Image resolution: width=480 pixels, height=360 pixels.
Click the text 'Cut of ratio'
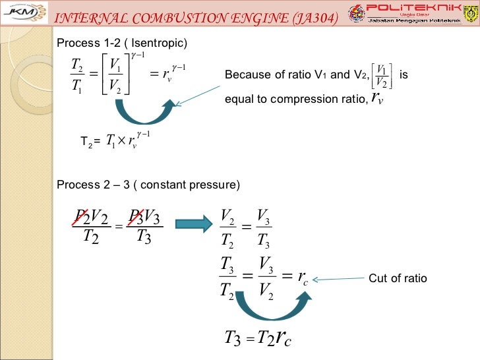(398, 279)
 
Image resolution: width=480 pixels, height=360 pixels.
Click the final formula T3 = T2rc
(258, 339)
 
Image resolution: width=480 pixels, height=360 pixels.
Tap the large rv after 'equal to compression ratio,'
(377, 99)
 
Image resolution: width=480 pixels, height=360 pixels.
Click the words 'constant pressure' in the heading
(194, 184)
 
